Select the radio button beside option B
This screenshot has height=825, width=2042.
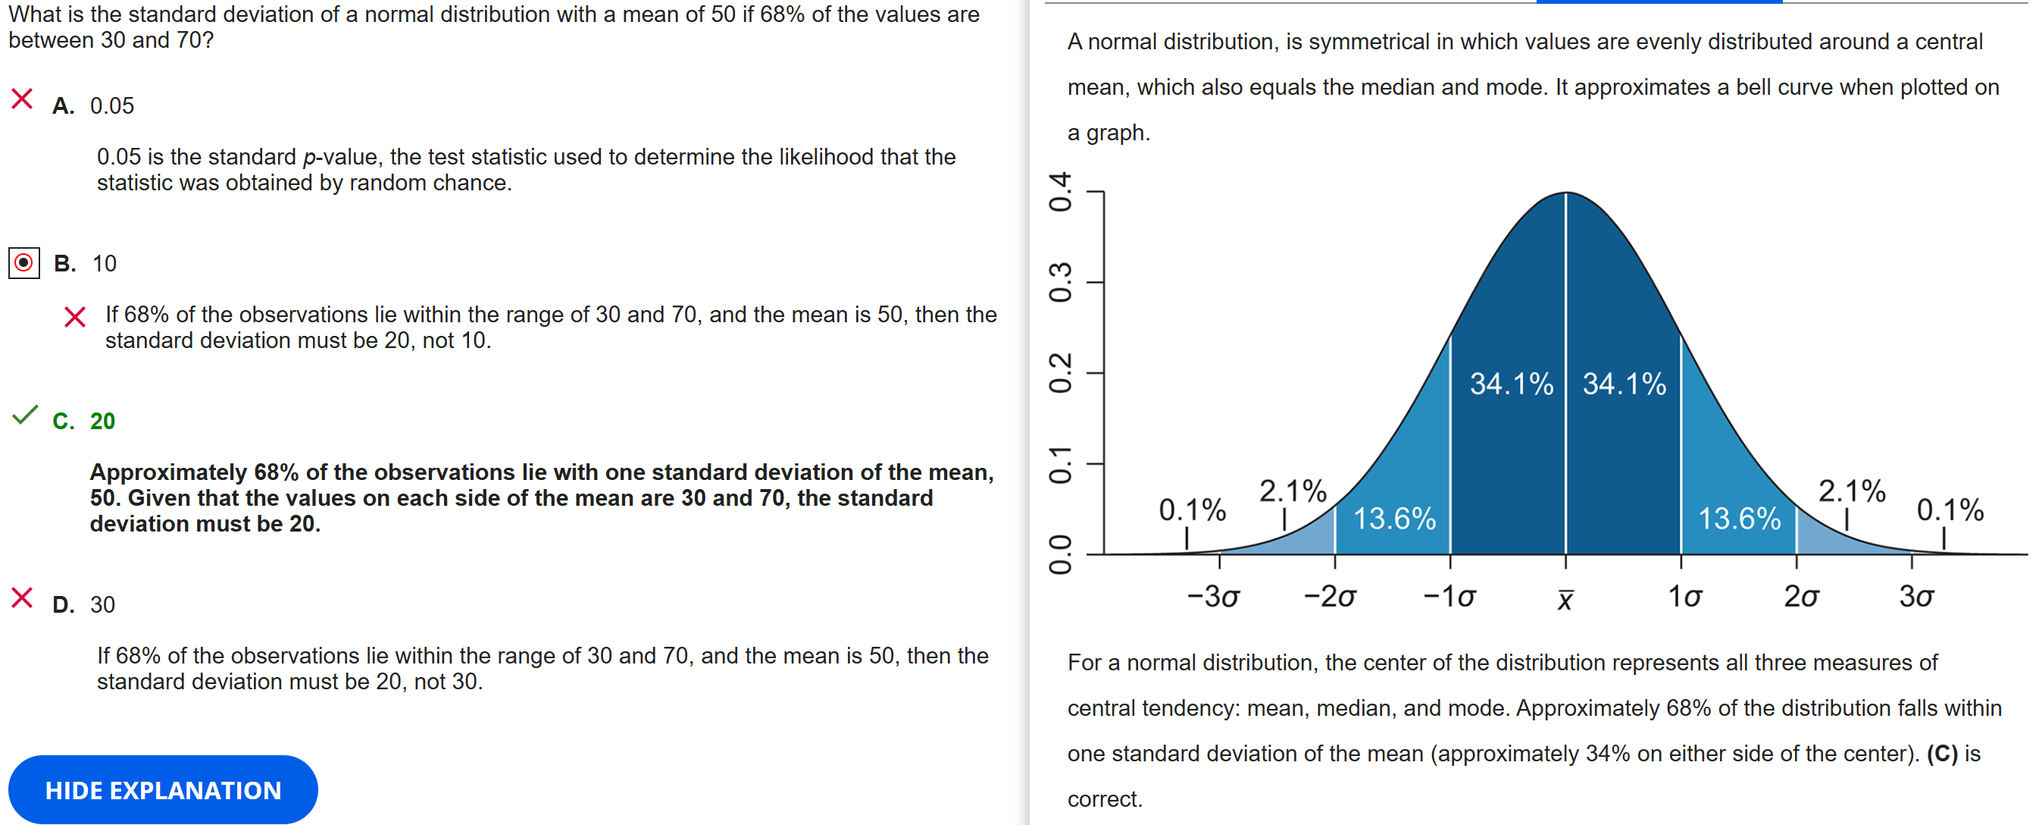pyautogui.click(x=23, y=262)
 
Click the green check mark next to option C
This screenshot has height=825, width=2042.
pyautogui.click(x=25, y=415)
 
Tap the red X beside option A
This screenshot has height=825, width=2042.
pyautogui.click(x=22, y=99)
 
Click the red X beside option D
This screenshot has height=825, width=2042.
pyautogui.click(x=22, y=598)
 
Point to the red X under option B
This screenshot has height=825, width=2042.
pyautogui.click(x=74, y=317)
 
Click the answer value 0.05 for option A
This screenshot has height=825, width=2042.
pyautogui.click(x=112, y=105)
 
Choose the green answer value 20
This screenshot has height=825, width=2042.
pyautogui.click(x=102, y=422)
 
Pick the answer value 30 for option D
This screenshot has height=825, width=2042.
pyautogui.click(x=102, y=604)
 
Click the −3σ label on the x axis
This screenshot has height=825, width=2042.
pyautogui.click(x=1213, y=597)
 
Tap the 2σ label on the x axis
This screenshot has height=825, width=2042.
pyautogui.click(x=1801, y=597)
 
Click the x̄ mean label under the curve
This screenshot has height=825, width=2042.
pyautogui.click(x=1565, y=600)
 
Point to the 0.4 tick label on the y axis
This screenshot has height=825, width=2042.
pyautogui.click(x=1061, y=192)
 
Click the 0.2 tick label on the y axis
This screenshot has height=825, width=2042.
pyautogui.click(x=1061, y=373)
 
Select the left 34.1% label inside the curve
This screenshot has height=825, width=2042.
pyautogui.click(x=1511, y=384)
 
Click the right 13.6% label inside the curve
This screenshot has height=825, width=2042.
pyautogui.click(x=1739, y=519)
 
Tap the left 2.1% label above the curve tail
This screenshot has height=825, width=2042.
pyautogui.click(x=1293, y=491)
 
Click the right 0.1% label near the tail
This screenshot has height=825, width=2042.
pyautogui.click(x=1950, y=510)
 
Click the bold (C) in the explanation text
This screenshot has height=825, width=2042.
pyautogui.click(x=1942, y=754)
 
